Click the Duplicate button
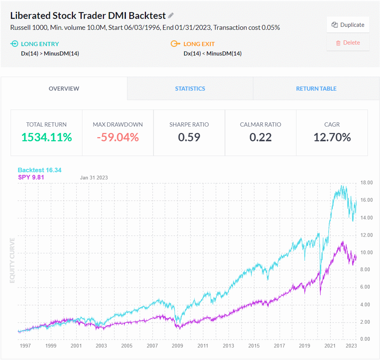(x=348, y=25)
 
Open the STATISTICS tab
(x=190, y=89)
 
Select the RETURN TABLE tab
(x=316, y=89)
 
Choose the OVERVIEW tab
(x=64, y=89)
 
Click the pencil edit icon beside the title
(x=171, y=15)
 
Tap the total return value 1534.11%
(x=46, y=137)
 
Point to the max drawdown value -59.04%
(x=118, y=137)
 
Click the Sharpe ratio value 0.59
(x=189, y=137)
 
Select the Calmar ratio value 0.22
(x=261, y=137)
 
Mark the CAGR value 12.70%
(x=332, y=137)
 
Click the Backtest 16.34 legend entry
(x=39, y=170)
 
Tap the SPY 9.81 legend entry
(x=31, y=177)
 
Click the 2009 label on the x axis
(x=177, y=346)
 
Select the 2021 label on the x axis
(x=330, y=346)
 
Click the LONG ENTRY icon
(x=14, y=44)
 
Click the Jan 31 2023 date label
(x=94, y=178)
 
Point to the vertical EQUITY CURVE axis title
(x=12, y=260)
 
